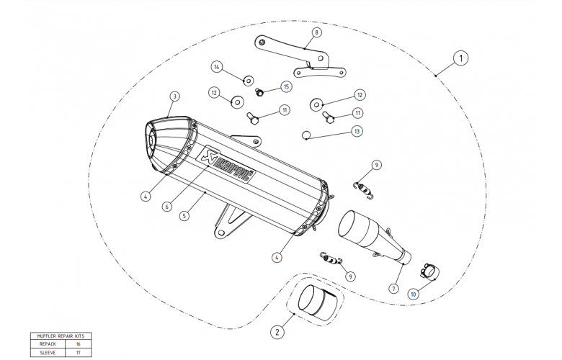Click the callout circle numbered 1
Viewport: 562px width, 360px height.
461,57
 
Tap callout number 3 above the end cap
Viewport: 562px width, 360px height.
174,96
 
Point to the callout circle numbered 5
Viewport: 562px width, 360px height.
184,215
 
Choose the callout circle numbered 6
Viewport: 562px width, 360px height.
167,206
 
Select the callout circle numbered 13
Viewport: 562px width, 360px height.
357,132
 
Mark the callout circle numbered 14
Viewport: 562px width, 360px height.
215,66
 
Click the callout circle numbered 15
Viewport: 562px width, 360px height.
286,86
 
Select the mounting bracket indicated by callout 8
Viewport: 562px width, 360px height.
295,56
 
